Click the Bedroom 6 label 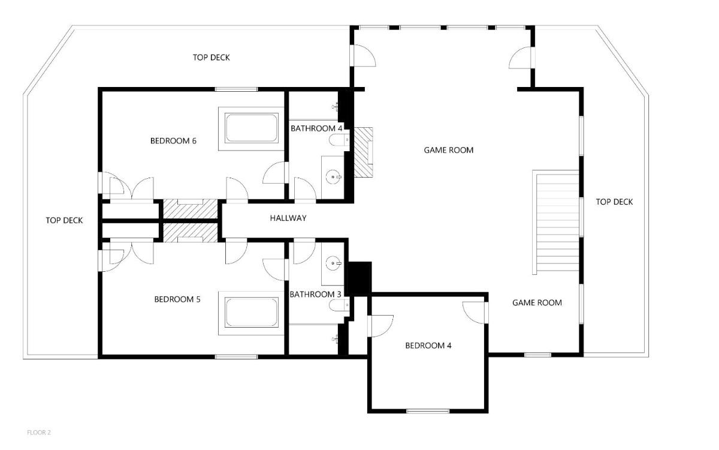[x=173, y=141]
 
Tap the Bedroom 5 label [x=177, y=299]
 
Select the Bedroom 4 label [x=428, y=346]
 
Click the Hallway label [x=288, y=218]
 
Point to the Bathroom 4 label [x=316, y=128]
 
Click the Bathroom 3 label [x=315, y=295]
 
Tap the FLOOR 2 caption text [x=39, y=433]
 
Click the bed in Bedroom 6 [x=251, y=128]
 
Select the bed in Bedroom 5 [x=251, y=313]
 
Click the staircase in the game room [x=555, y=223]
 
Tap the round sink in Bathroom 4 [x=333, y=177]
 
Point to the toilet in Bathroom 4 [x=339, y=140]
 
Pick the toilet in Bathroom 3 [x=339, y=305]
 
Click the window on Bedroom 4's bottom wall [x=428, y=411]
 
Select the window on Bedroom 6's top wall [x=236, y=89]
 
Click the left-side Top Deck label [x=64, y=221]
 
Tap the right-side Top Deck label [x=614, y=202]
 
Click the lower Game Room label [x=537, y=303]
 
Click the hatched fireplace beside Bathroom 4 [x=363, y=152]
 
